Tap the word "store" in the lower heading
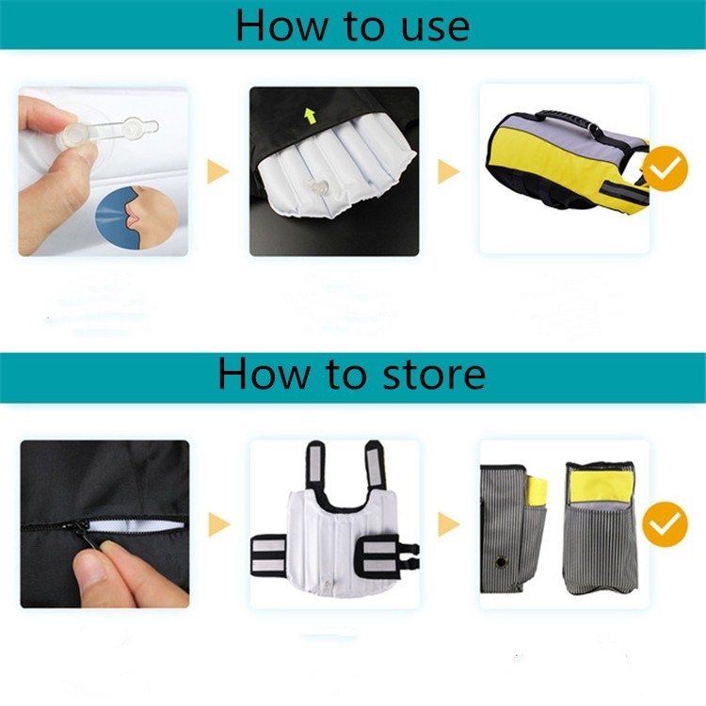pos(434,374)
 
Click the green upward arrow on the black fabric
pos(310,116)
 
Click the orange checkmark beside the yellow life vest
pos(665,168)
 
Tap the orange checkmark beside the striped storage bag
pos(665,524)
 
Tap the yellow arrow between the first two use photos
pos(218,171)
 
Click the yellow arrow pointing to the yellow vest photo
pos(449,171)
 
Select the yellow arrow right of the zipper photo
pos(219,524)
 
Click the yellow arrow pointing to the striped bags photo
pos(449,524)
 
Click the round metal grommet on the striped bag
pos(500,561)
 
